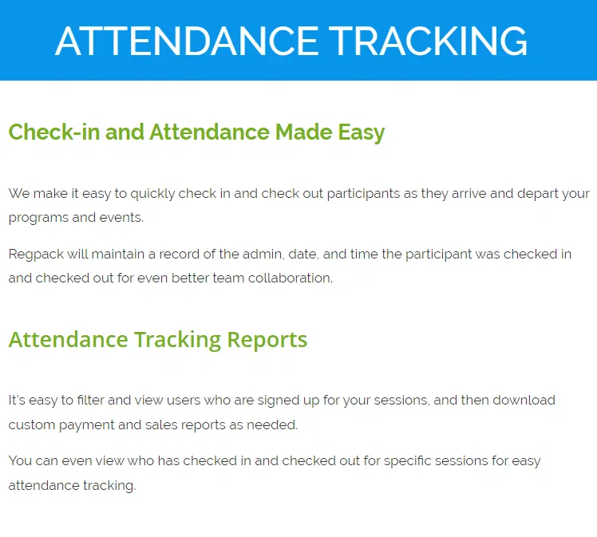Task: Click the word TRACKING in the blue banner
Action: point(428,41)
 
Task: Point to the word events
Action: point(120,217)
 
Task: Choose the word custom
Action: point(30,424)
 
